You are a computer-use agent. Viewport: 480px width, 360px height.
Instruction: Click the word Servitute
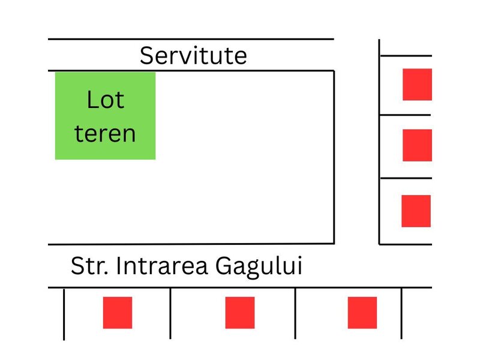[193, 55]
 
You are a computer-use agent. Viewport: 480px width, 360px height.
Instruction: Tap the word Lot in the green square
[106, 100]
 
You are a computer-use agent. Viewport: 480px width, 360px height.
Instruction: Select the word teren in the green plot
[105, 133]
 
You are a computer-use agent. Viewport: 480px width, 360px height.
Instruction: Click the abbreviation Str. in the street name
[89, 266]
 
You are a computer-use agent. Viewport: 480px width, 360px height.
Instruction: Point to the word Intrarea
[162, 266]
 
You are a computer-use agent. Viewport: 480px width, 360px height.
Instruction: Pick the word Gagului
[259, 267]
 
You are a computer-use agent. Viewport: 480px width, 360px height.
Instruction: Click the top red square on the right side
[417, 85]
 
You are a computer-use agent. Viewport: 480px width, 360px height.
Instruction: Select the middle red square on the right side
[417, 145]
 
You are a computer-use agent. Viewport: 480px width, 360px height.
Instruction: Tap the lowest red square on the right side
[416, 211]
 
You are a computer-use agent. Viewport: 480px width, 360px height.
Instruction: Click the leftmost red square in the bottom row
[118, 313]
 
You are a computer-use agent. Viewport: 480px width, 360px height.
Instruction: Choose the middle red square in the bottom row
[240, 313]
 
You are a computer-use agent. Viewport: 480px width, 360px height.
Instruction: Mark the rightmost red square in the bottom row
[362, 313]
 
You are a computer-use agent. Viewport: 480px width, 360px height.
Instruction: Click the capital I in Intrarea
[118, 266]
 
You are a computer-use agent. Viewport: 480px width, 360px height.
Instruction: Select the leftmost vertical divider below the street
[64, 314]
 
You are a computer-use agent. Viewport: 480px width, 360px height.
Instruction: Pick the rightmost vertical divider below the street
[401, 313]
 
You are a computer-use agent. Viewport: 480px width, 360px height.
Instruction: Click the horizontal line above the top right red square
[406, 56]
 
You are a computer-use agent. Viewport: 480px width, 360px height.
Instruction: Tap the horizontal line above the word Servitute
[191, 39]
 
